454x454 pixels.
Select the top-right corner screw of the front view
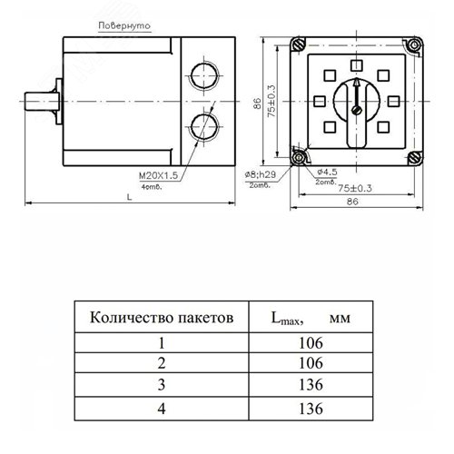pos(415,44)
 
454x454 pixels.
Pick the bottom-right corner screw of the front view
pos(415,159)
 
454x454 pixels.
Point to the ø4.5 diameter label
pos(325,169)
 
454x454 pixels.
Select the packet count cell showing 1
pos(164,343)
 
